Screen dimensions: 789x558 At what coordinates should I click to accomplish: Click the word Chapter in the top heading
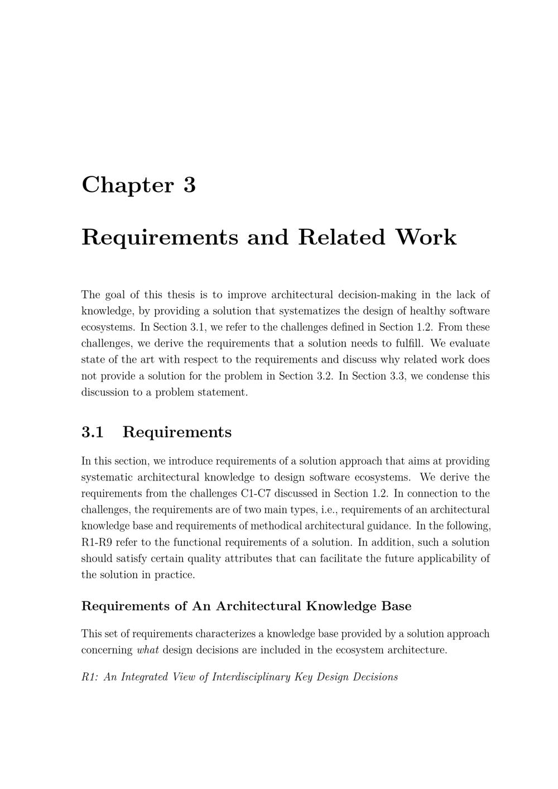tap(128, 185)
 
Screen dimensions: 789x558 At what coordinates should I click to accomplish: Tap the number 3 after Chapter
tap(189, 185)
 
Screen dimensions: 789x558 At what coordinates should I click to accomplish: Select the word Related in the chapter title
tap(341, 237)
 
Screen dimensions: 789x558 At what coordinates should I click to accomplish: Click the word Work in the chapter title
tap(426, 237)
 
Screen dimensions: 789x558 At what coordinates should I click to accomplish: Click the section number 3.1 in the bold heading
tap(93, 432)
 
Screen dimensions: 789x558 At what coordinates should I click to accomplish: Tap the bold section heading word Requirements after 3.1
tap(177, 432)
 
